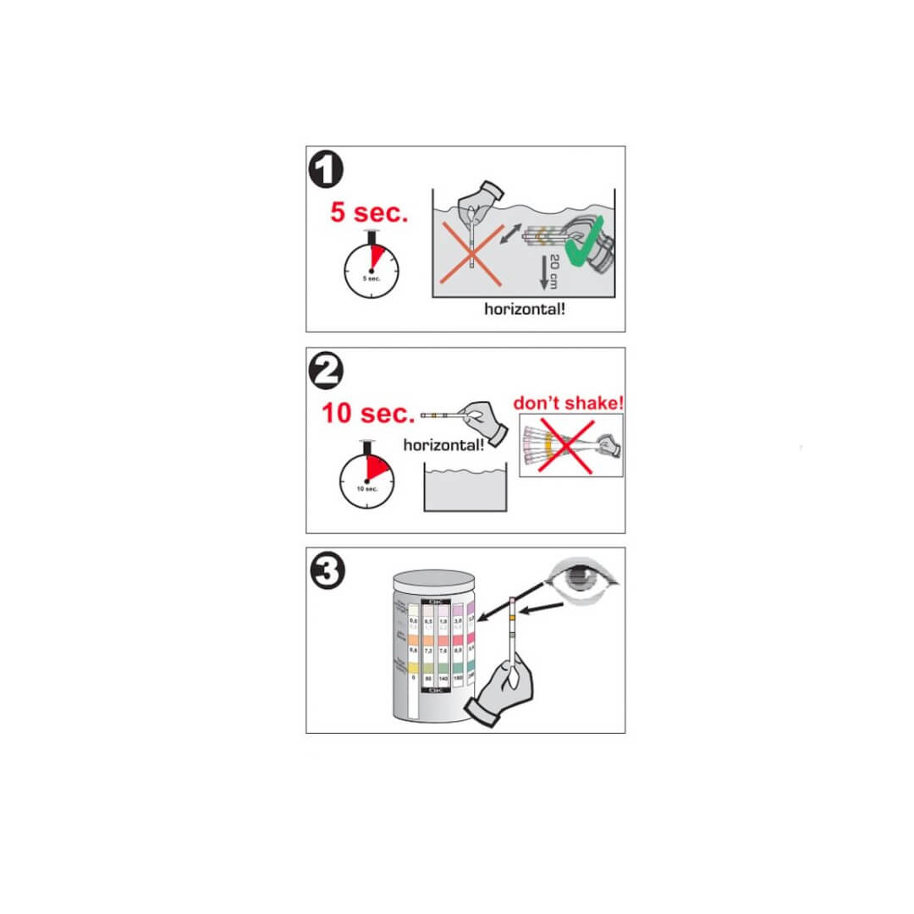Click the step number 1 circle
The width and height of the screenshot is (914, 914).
327,171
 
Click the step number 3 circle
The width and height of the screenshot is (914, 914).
327,573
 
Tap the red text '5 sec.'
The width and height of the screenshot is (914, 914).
369,212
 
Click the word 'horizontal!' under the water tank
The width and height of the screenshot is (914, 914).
524,309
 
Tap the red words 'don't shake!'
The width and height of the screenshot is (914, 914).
568,402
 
